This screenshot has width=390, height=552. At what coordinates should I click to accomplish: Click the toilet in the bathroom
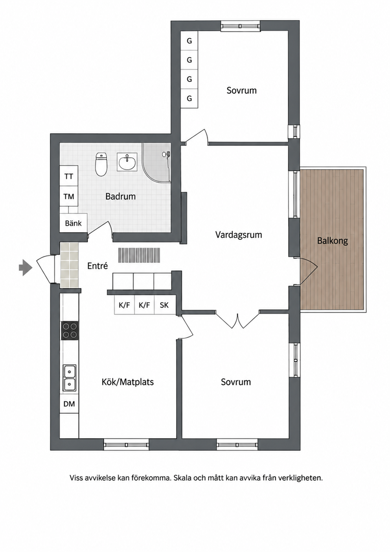pyautogui.click(x=101, y=164)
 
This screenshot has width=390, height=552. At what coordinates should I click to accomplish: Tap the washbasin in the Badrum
pyautogui.click(x=127, y=162)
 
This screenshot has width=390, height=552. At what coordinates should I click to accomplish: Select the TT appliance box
pyautogui.click(x=69, y=176)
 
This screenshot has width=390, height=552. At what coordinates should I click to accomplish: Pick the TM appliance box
pyautogui.click(x=69, y=196)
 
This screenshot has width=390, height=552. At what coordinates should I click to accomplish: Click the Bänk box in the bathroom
pyautogui.click(x=74, y=223)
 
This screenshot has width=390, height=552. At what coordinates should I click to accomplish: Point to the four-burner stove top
pyautogui.click(x=70, y=331)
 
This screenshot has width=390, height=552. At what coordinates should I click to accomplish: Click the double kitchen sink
pyautogui.click(x=70, y=378)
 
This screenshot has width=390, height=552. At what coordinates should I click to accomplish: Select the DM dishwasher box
pyautogui.click(x=69, y=404)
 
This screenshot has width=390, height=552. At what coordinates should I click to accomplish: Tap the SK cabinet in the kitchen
pyautogui.click(x=164, y=305)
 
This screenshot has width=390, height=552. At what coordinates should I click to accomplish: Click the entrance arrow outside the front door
pyautogui.click(x=26, y=267)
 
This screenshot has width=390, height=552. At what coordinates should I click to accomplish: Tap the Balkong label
pyautogui.click(x=333, y=241)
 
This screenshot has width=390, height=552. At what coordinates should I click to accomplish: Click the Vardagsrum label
pyautogui.click(x=238, y=235)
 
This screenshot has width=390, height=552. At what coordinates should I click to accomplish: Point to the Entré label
pyautogui.click(x=97, y=266)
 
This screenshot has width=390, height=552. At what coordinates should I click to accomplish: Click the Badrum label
pyautogui.click(x=121, y=196)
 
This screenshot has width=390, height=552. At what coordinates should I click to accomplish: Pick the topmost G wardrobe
pyautogui.click(x=189, y=41)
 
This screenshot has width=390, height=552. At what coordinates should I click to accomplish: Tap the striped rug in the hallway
pyautogui.click(x=139, y=255)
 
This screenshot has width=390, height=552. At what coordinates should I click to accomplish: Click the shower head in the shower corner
pyautogui.click(x=166, y=154)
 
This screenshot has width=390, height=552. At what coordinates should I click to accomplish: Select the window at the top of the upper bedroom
pyautogui.click(x=240, y=26)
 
